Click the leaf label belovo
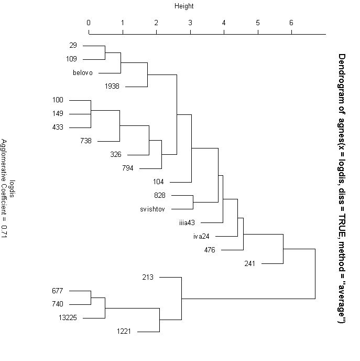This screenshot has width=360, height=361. tap(83, 73)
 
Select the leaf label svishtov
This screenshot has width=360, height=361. tap(152, 209)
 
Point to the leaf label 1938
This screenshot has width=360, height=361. tap(112, 86)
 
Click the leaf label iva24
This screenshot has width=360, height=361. tap(201, 236)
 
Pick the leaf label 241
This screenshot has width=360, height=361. tap(249, 263)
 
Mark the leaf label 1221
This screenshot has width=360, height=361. tap(124, 331)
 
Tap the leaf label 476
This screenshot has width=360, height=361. tap(210, 250)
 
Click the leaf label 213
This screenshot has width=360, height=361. tap(148, 277)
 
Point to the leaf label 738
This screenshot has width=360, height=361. tap(86, 141)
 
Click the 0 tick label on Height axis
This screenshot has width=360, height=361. tap(89, 23)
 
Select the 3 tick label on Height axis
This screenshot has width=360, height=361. tap(190, 23)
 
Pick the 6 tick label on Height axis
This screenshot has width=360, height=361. tap(291, 23)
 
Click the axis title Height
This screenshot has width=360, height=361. tap(184, 6)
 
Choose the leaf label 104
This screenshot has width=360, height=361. tap(158, 182)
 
